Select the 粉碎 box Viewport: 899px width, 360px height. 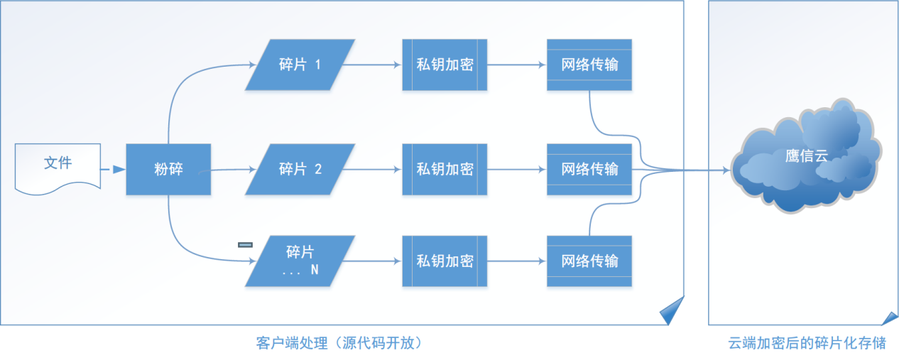168,170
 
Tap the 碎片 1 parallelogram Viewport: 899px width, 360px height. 300,65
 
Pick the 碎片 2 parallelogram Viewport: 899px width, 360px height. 300,169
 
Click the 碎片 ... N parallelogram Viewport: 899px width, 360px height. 300,261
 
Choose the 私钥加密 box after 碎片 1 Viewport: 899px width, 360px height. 445,65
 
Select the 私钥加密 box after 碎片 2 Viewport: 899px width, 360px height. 445,169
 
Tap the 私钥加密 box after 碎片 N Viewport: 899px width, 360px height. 445,261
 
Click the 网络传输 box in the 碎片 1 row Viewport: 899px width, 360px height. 589,65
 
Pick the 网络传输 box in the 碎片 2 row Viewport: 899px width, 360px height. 589,169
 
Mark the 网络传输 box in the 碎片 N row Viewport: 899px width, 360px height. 589,261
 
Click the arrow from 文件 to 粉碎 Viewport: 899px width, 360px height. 114,170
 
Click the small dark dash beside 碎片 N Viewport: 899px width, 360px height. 245,245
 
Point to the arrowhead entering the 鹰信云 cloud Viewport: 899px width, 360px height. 725,170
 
